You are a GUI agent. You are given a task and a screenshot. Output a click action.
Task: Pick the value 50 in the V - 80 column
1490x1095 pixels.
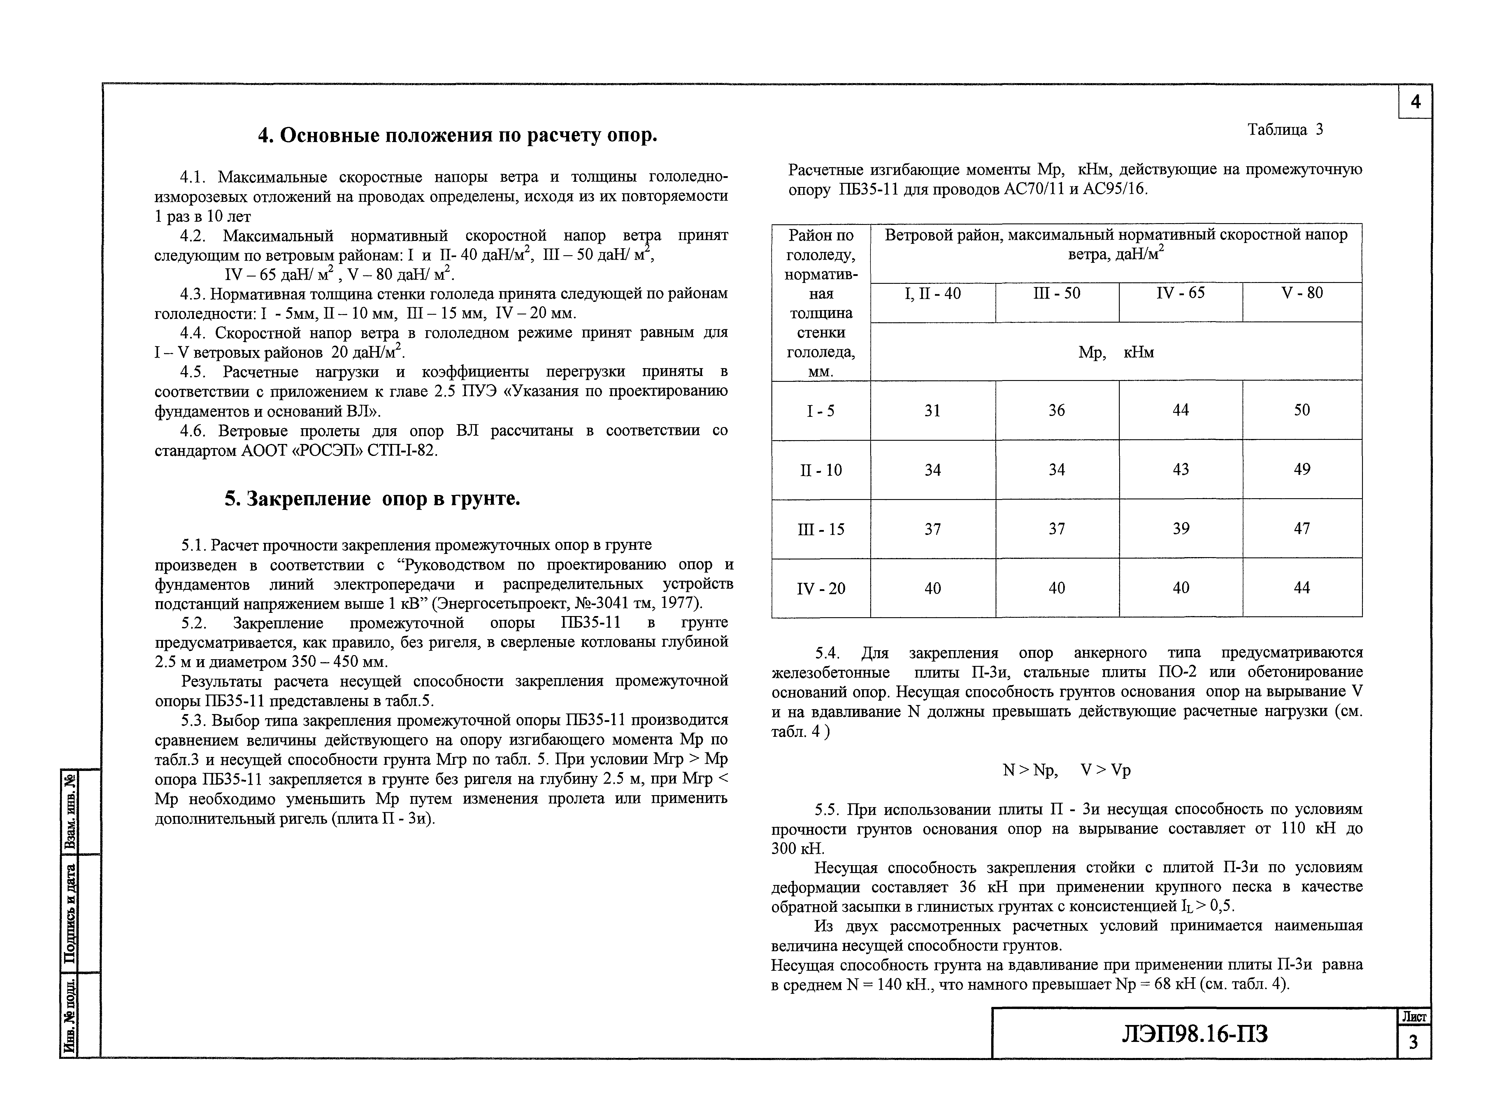click(x=1302, y=410)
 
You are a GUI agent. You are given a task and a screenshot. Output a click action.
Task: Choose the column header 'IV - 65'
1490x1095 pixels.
click(x=1181, y=293)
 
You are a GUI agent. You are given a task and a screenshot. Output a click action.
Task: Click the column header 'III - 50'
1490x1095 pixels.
click(x=1057, y=293)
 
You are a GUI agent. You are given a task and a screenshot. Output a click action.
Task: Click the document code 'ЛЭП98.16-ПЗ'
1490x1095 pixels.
click(x=1194, y=1033)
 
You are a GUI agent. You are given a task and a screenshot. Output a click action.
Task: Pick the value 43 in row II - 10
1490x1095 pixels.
click(x=1181, y=470)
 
